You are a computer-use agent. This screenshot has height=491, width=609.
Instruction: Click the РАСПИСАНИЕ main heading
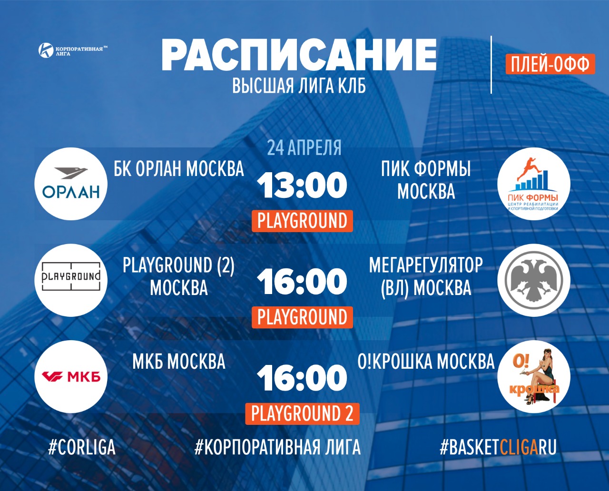coord(299,55)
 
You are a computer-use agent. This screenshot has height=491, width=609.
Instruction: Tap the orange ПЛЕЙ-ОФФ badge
coord(550,64)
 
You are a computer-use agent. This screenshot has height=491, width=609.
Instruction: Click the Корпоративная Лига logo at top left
coord(73,50)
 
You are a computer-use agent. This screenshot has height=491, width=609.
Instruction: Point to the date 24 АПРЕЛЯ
coord(304,147)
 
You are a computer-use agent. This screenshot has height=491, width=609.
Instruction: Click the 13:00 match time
coord(302,186)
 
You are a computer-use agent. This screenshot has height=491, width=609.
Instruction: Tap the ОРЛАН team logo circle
coord(71,184)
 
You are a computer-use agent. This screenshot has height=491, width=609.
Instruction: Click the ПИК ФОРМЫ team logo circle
coord(534,184)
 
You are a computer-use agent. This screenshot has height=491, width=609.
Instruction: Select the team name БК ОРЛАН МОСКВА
coord(179,169)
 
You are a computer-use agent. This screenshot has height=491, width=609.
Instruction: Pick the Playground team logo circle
coord(71,280)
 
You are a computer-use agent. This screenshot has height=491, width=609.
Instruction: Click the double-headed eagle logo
coord(534,280)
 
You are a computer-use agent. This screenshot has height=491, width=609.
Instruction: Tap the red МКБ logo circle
coord(71,376)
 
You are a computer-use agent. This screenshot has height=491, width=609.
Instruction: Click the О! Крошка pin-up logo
coord(534,376)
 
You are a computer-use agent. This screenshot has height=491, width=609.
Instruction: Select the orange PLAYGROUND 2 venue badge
coord(302,413)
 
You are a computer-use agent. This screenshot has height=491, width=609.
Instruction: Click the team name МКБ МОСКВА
coord(179,362)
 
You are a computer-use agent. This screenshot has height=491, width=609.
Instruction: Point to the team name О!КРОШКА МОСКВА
coord(426,362)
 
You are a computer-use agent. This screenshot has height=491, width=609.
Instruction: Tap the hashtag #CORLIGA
coord(82,447)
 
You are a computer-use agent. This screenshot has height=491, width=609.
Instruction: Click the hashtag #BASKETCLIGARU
coord(498,447)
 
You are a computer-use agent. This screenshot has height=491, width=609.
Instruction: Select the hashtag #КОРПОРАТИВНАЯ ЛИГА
coord(277,447)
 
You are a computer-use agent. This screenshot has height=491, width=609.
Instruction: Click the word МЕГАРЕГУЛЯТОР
coord(426,265)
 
